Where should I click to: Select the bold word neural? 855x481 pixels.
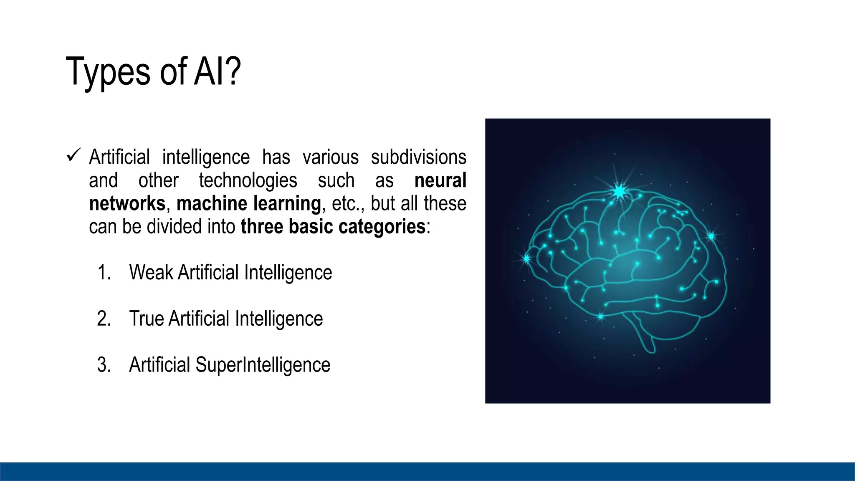pyautogui.click(x=440, y=180)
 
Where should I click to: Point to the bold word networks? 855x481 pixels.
pyautogui.click(x=127, y=203)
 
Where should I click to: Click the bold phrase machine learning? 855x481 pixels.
pyautogui.click(x=248, y=203)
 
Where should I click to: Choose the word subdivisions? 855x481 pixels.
pyautogui.click(x=418, y=157)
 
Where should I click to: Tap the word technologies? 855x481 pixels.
pyautogui.click(x=248, y=180)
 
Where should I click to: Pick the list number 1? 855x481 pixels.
pyautogui.click(x=104, y=273)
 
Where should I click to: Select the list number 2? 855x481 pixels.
pyautogui.click(x=104, y=319)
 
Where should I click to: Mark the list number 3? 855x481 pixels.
pyautogui.click(x=104, y=365)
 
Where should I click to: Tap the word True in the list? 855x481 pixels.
pyautogui.click(x=146, y=319)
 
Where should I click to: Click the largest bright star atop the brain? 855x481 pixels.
pyautogui.click(x=619, y=191)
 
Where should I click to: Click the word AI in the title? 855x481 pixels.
pyautogui.click(x=209, y=72)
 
